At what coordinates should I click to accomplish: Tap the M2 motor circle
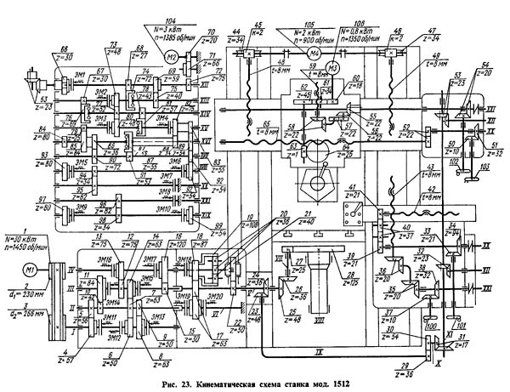tap(171, 57)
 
